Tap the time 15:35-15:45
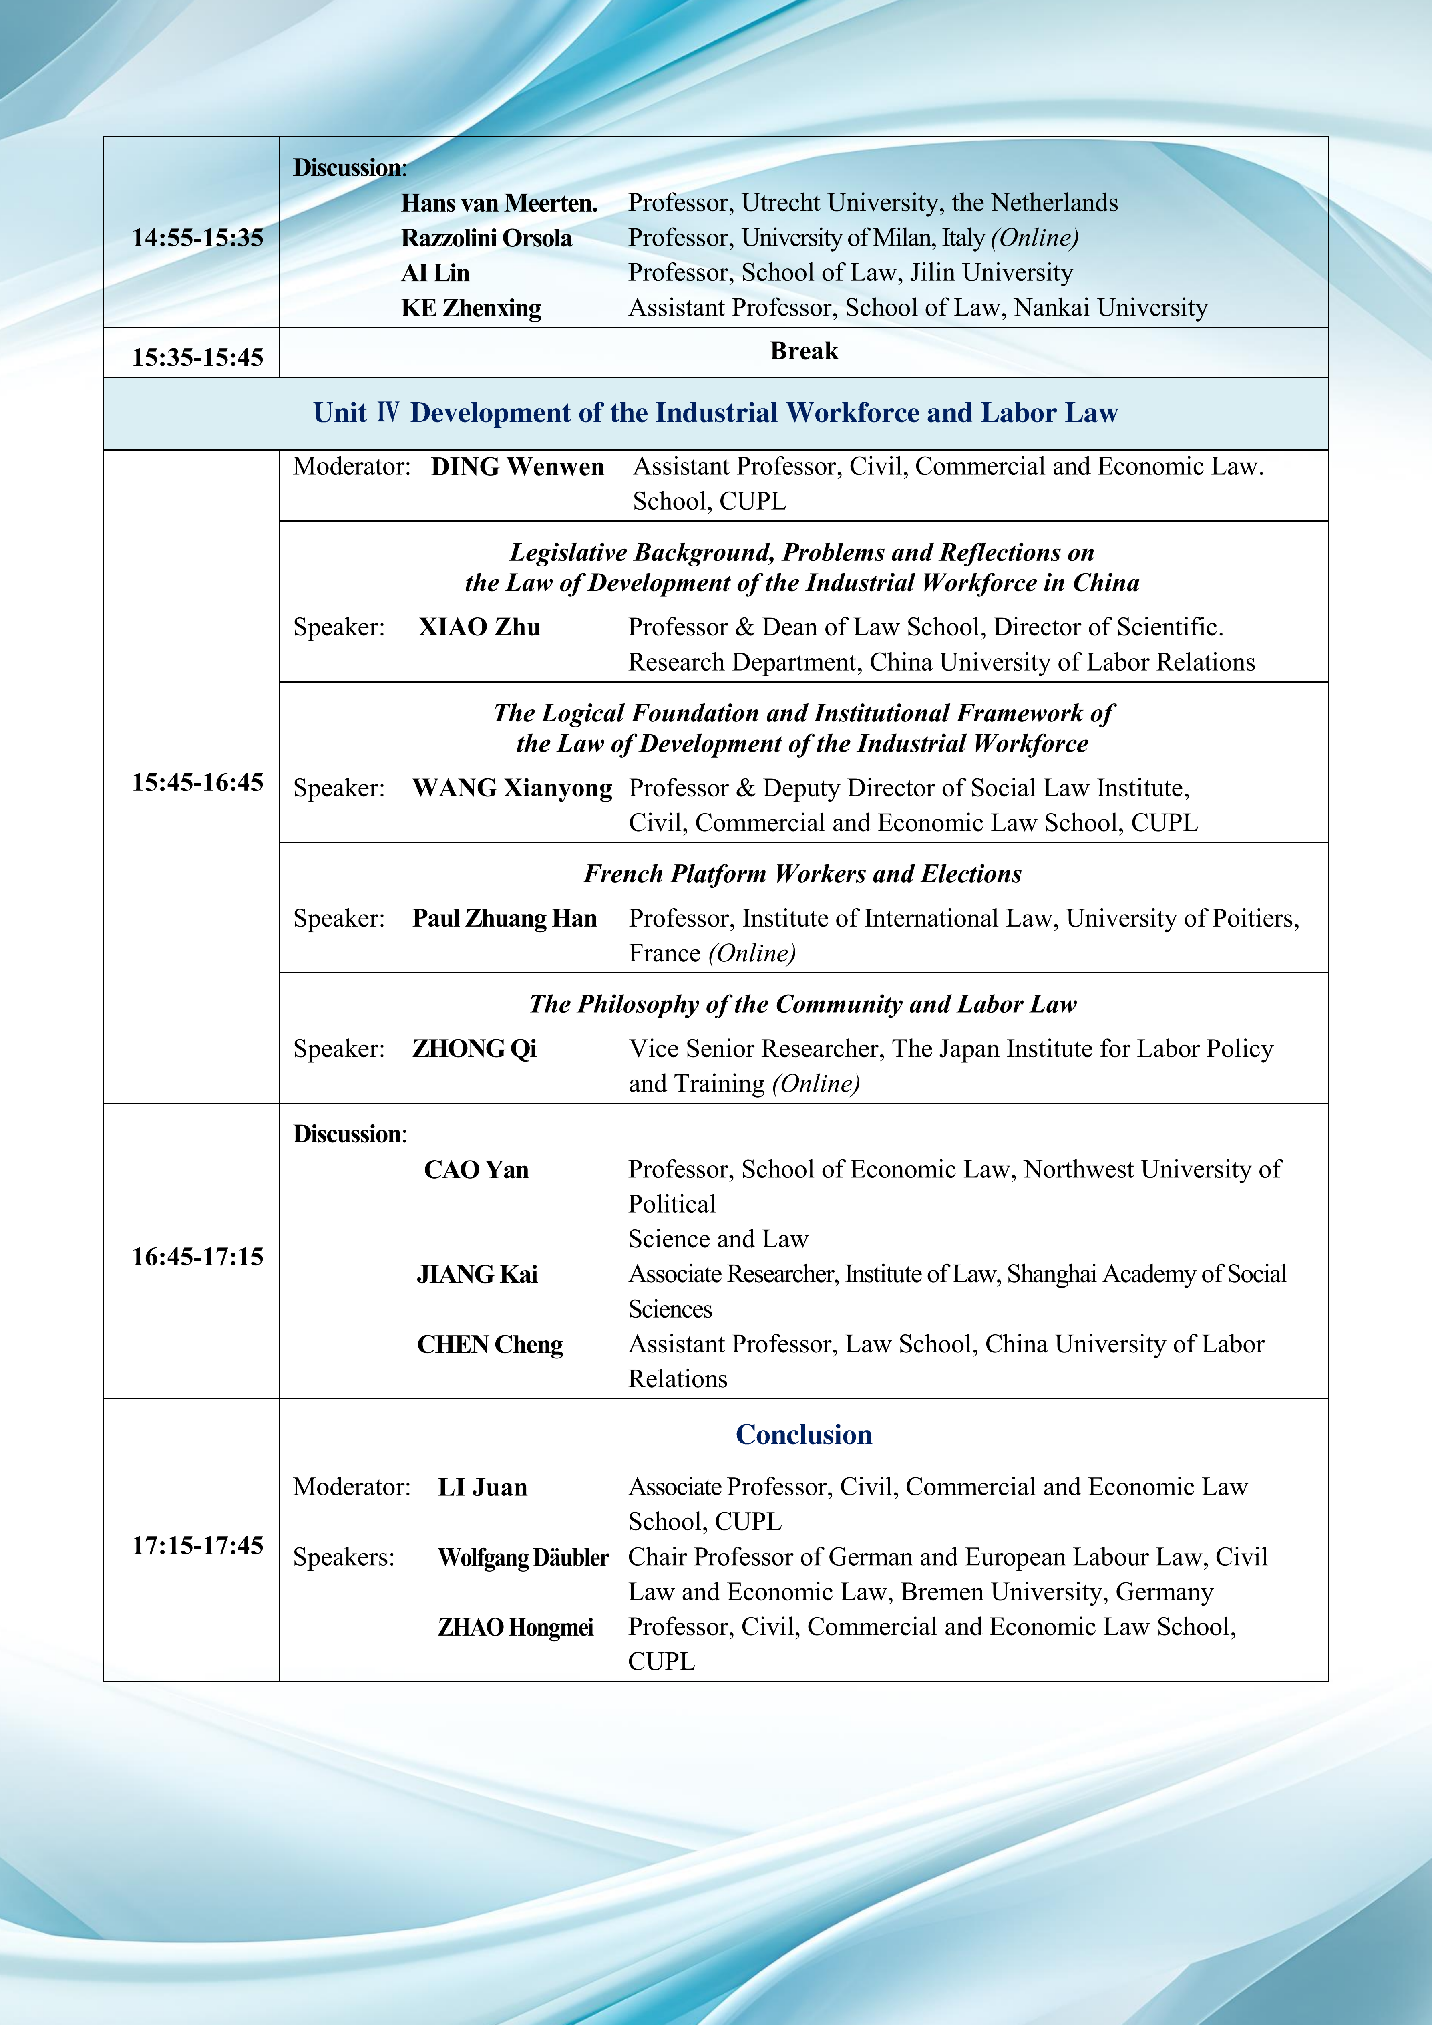pos(197,357)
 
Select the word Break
pos(803,351)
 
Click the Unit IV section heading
pos(715,413)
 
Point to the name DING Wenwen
pos(518,467)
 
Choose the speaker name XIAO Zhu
pos(480,627)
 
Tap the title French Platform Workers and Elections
pos(802,874)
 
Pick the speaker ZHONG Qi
pos(475,1049)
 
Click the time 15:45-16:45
pos(197,782)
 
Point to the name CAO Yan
pos(476,1169)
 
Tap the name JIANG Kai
pos(477,1274)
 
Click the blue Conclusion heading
pos(803,1435)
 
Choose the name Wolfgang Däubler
pos(523,1558)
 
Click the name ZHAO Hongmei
pos(516,1627)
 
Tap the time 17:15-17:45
pos(197,1545)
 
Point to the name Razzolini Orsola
pos(487,238)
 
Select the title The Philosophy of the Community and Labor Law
pos(802,1005)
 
